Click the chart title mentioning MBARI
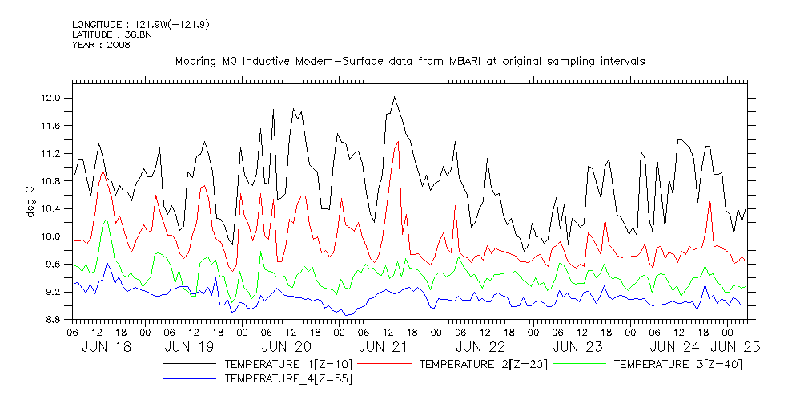click(x=409, y=61)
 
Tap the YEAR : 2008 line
click(x=101, y=45)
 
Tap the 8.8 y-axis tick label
click(x=51, y=320)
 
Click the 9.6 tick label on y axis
click(x=51, y=265)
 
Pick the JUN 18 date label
click(x=107, y=347)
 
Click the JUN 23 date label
click(x=577, y=347)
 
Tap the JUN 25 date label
click(x=736, y=347)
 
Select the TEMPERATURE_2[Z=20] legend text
click(x=483, y=364)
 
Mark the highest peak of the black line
click(x=394, y=97)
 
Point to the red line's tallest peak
click(x=398, y=142)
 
